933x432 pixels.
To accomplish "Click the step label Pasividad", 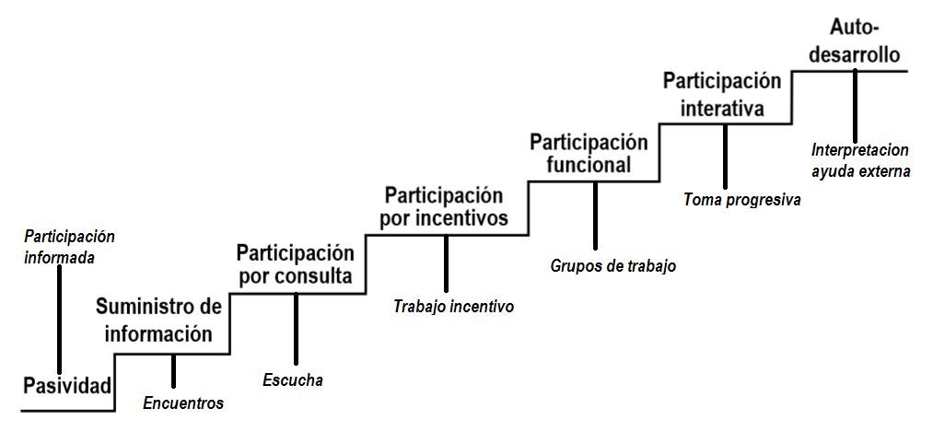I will (x=67, y=386).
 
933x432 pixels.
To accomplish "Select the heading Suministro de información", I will (x=158, y=320).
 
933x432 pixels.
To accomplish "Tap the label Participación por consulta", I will (x=295, y=264).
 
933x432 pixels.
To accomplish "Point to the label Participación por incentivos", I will (x=445, y=207).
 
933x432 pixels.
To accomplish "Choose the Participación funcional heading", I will (x=589, y=154).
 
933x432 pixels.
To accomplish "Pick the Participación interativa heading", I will (x=723, y=95).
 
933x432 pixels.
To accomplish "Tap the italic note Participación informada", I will (x=63, y=247).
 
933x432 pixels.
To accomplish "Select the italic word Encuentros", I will (x=183, y=403).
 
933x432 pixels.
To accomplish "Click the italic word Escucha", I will (x=293, y=379).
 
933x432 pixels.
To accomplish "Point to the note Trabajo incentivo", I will (x=453, y=307).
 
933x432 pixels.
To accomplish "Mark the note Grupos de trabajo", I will (x=613, y=266).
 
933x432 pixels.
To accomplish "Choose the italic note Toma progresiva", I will (x=742, y=199).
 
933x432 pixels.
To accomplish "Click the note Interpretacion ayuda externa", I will (x=860, y=160).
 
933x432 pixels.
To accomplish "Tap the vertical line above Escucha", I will (x=296, y=329).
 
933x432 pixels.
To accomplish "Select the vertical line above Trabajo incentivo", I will (x=446, y=263).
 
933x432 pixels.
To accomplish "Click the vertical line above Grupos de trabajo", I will (x=596, y=216).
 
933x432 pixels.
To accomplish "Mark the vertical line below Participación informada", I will (x=60, y=318).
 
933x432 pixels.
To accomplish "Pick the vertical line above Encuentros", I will (x=173, y=370).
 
